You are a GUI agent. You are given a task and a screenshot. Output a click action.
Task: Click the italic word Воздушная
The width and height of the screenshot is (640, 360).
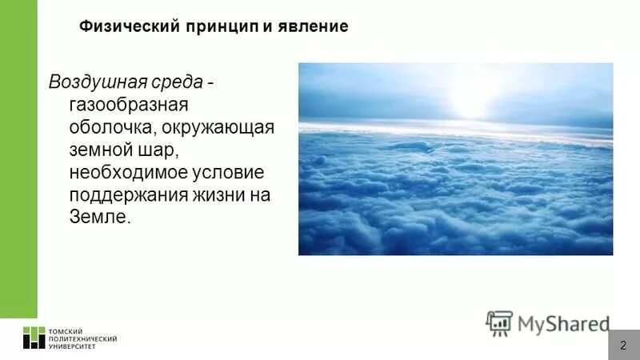point(95,82)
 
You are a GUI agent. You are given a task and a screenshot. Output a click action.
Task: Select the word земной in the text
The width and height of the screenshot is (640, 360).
point(100,150)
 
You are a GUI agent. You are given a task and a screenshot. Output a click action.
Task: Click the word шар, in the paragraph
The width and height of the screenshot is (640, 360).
point(156,150)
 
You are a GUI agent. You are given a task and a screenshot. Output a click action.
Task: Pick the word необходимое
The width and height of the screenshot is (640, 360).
point(128,172)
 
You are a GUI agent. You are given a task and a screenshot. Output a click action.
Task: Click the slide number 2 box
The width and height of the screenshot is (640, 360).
point(623,345)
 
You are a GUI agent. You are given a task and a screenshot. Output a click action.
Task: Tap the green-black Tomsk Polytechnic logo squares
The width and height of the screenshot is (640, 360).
point(34,338)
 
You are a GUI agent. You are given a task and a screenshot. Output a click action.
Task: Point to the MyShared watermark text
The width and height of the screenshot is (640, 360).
point(563,323)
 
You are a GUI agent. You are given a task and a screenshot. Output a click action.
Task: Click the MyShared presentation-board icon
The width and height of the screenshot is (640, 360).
point(499,322)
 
